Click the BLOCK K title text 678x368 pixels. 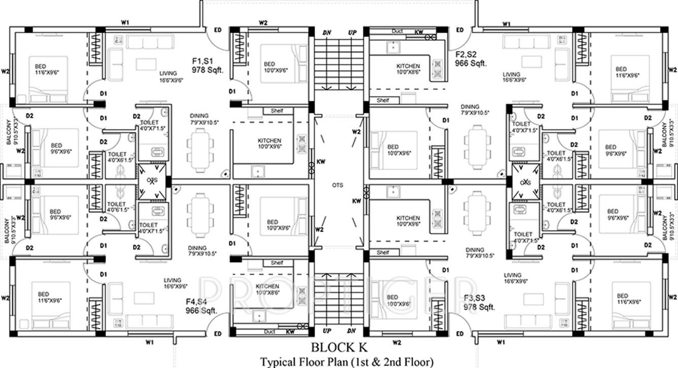[338, 348]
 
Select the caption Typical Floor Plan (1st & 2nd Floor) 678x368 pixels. [347, 361]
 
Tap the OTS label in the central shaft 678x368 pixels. [338, 185]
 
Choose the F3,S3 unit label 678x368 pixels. [477, 299]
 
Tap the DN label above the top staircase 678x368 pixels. [327, 33]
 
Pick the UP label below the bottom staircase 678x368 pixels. [327, 332]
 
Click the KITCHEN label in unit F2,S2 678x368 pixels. [408, 66]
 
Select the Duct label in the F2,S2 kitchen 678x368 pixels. [397, 31]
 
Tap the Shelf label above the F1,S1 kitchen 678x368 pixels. [277, 111]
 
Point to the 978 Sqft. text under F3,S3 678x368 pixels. [480, 307]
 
